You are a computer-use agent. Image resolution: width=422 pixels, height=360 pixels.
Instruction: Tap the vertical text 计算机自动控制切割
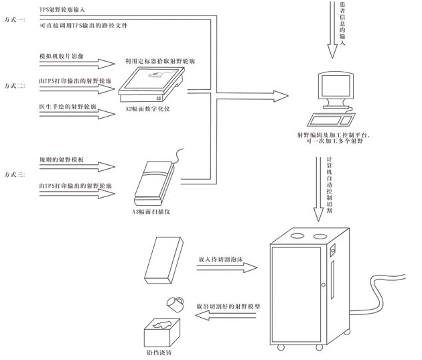point(329,186)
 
